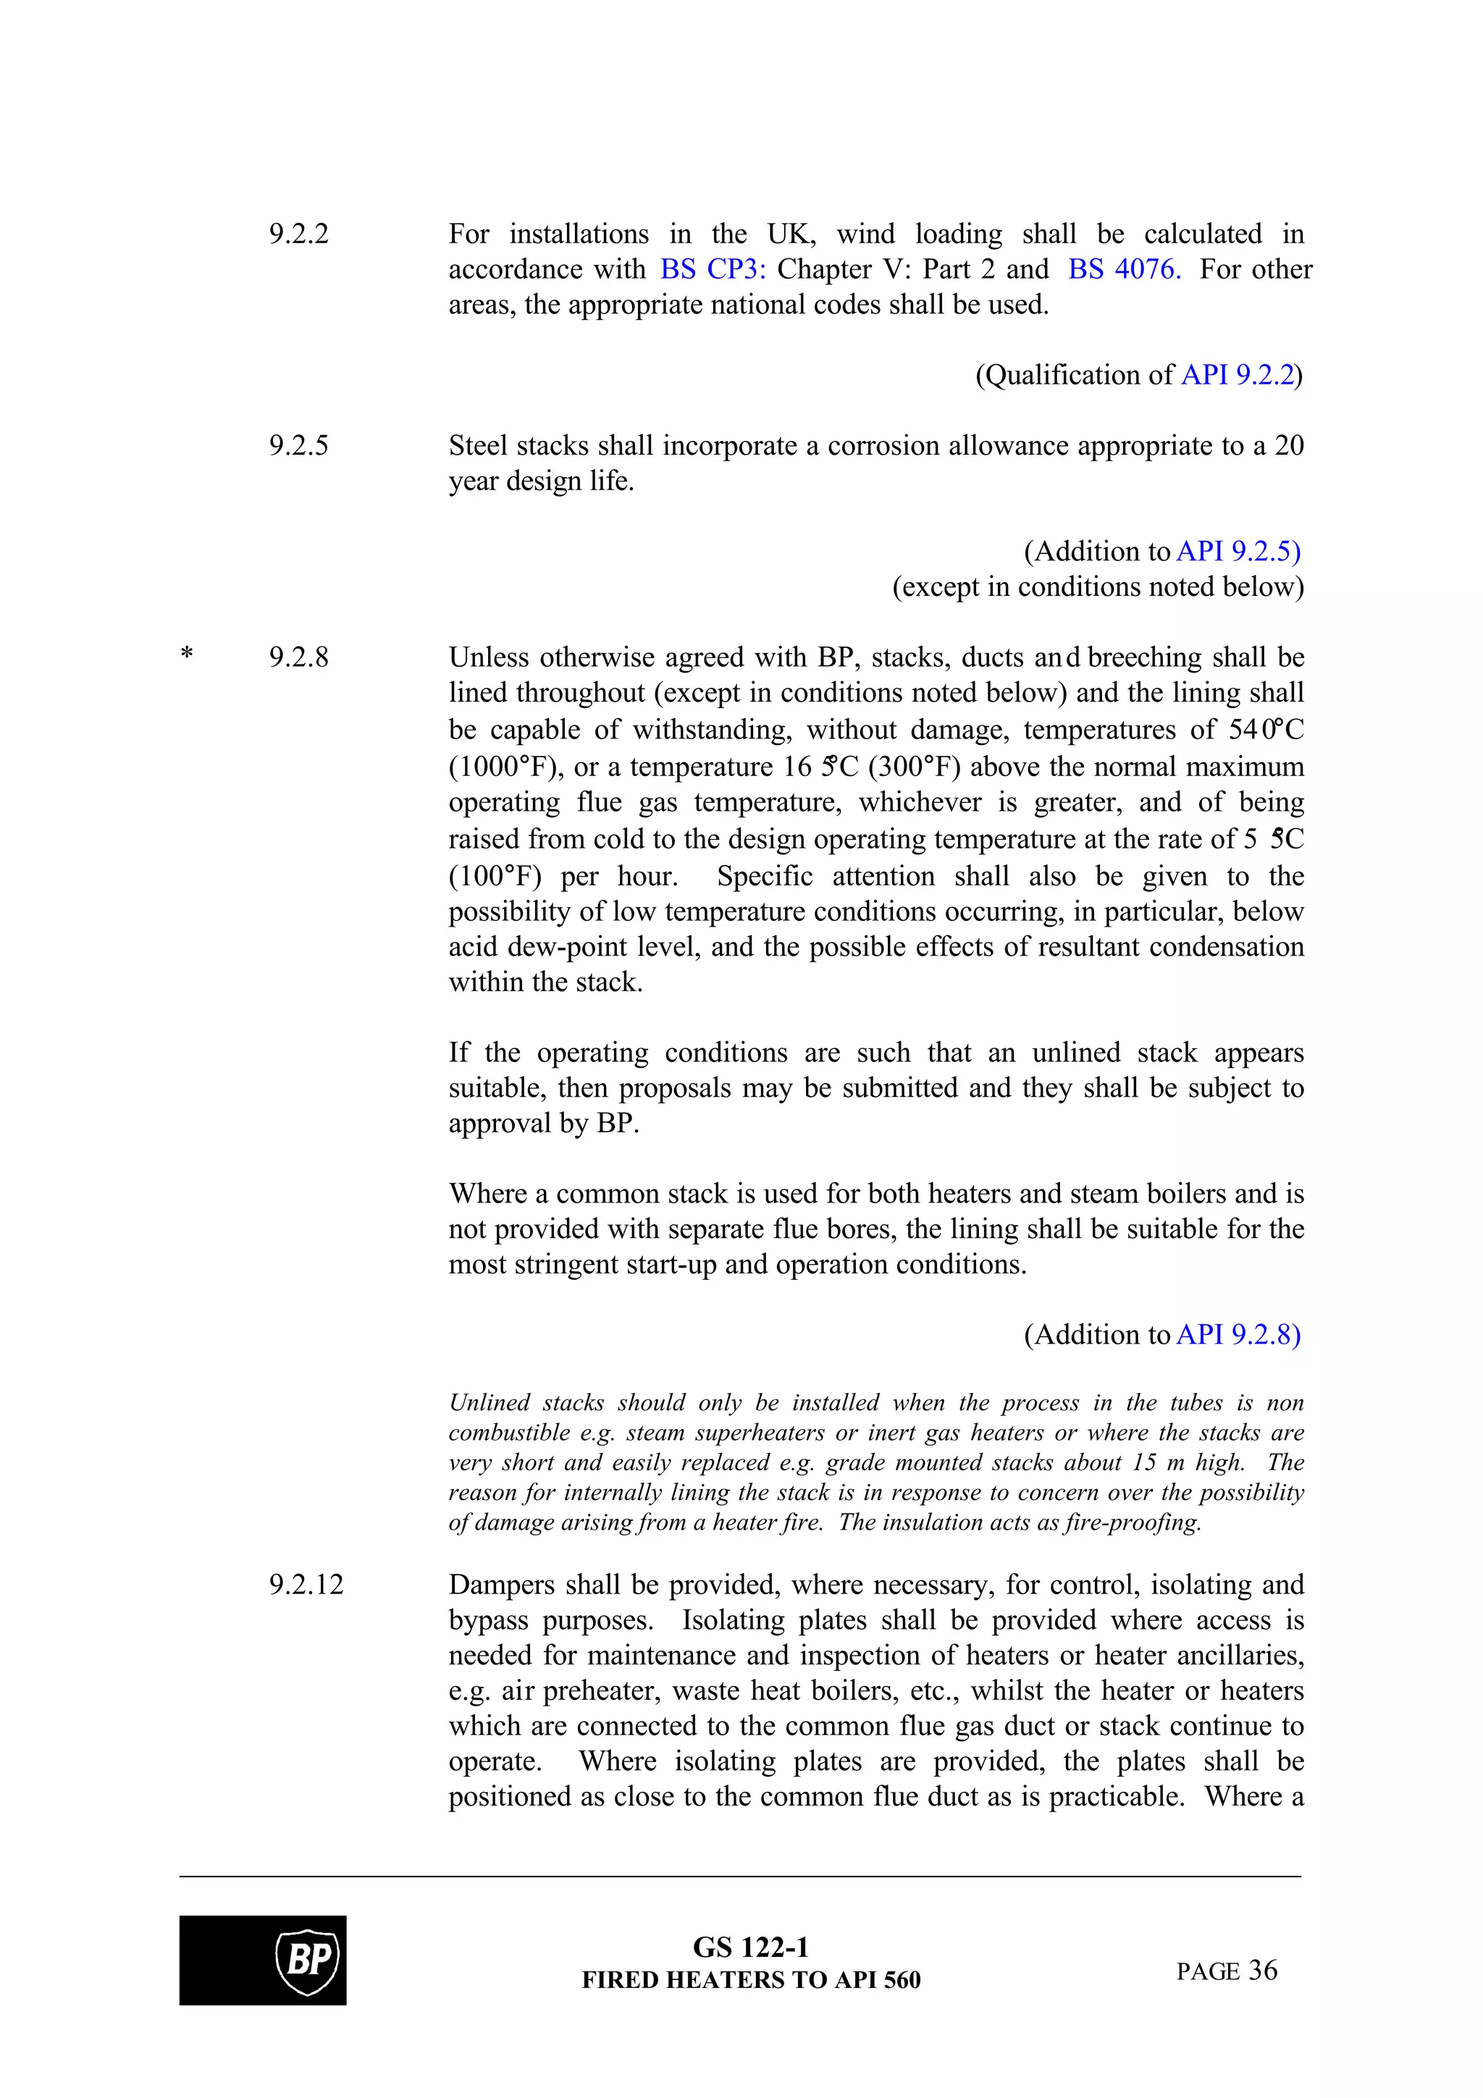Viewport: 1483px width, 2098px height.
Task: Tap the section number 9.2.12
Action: (x=306, y=1585)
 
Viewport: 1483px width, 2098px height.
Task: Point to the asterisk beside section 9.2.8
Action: (x=186, y=655)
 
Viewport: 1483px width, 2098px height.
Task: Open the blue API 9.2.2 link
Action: (x=1238, y=376)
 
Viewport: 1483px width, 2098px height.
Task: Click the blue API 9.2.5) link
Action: (x=1238, y=552)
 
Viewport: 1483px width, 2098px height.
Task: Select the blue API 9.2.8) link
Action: (x=1238, y=1335)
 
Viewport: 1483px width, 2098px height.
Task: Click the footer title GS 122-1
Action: (x=750, y=1948)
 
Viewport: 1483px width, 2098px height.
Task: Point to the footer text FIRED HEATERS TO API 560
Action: (x=750, y=1980)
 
